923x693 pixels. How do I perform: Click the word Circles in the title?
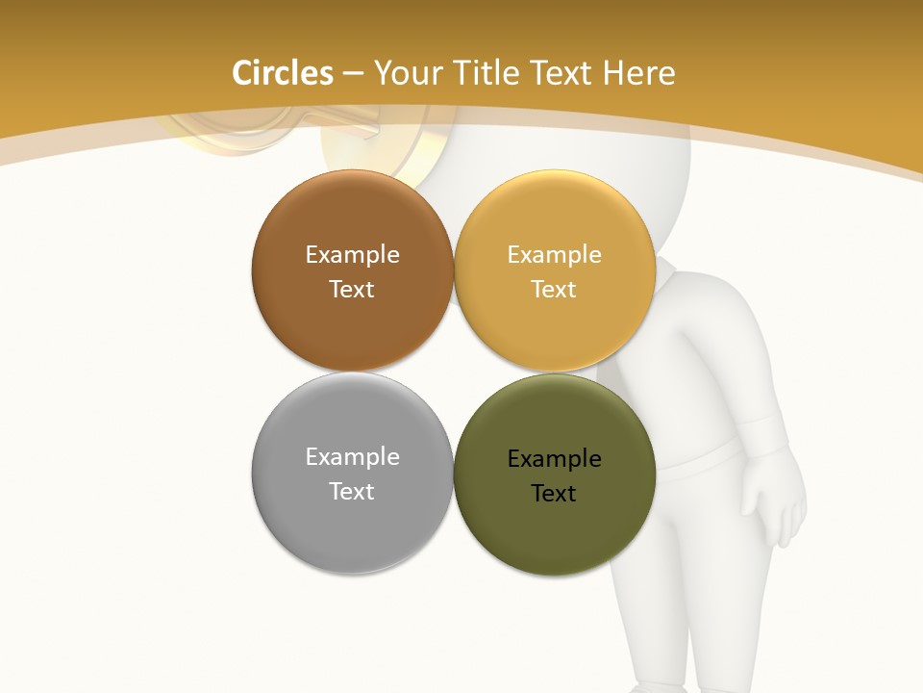(x=283, y=73)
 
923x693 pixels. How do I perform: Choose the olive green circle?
(x=554, y=529)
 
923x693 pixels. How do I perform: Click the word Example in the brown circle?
(x=352, y=254)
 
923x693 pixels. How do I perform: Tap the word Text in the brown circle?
(x=352, y=289)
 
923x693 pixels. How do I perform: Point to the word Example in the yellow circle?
(x=554, y=254)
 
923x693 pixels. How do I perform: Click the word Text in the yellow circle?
(x=554, y=289)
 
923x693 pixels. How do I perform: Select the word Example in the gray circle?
(x=352, y=456)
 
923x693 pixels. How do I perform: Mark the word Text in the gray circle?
(x=352, y=491)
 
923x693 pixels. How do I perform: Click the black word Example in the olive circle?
(x=554, y=458)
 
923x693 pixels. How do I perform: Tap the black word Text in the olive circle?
(x=554, y=493)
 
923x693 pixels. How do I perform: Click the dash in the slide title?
(x=353, y=74)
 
